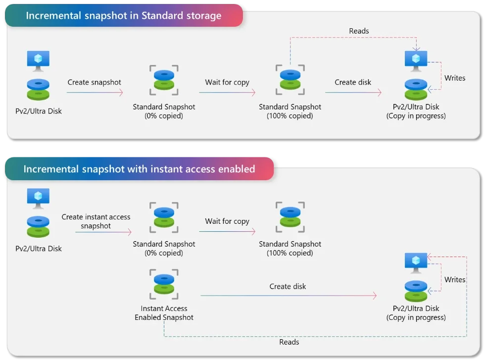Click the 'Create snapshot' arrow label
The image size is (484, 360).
[x=94, y=82]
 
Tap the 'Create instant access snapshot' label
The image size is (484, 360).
[x=96, y=221]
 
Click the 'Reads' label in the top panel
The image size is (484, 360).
[x=359, y=31]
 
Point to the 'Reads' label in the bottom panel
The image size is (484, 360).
[x=289, y=342]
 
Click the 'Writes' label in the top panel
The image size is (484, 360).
[x=454, y=78]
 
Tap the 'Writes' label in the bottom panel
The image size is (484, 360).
[x=454, y=280]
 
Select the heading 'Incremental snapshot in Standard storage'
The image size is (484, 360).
[x=123, y=15]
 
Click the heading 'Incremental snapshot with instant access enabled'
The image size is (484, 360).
[x=139, y=169]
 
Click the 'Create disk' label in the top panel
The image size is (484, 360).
[x=352, y=82]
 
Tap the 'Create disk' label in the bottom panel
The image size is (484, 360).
[x=288, y=286]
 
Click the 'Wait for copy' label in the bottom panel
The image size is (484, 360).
[x=227, y=221]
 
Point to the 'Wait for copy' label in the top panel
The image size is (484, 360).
[x=227, y=82]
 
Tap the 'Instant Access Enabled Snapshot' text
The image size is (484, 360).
[x=164, y=313]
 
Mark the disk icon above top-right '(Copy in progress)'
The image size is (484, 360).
[x=416, y=89]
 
